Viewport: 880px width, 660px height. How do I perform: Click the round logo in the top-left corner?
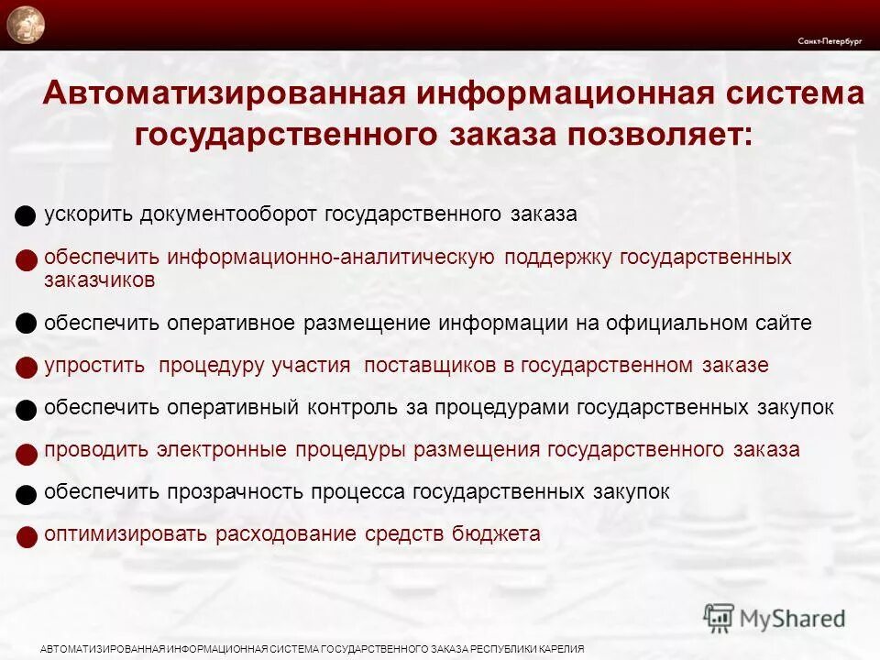coord(26,25)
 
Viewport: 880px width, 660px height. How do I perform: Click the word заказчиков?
coord(100,280)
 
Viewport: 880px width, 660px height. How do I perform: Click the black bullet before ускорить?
coord(27,217)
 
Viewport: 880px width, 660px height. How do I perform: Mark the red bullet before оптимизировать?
coord(27,536)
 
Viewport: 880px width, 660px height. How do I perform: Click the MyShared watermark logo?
coord(775,618)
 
